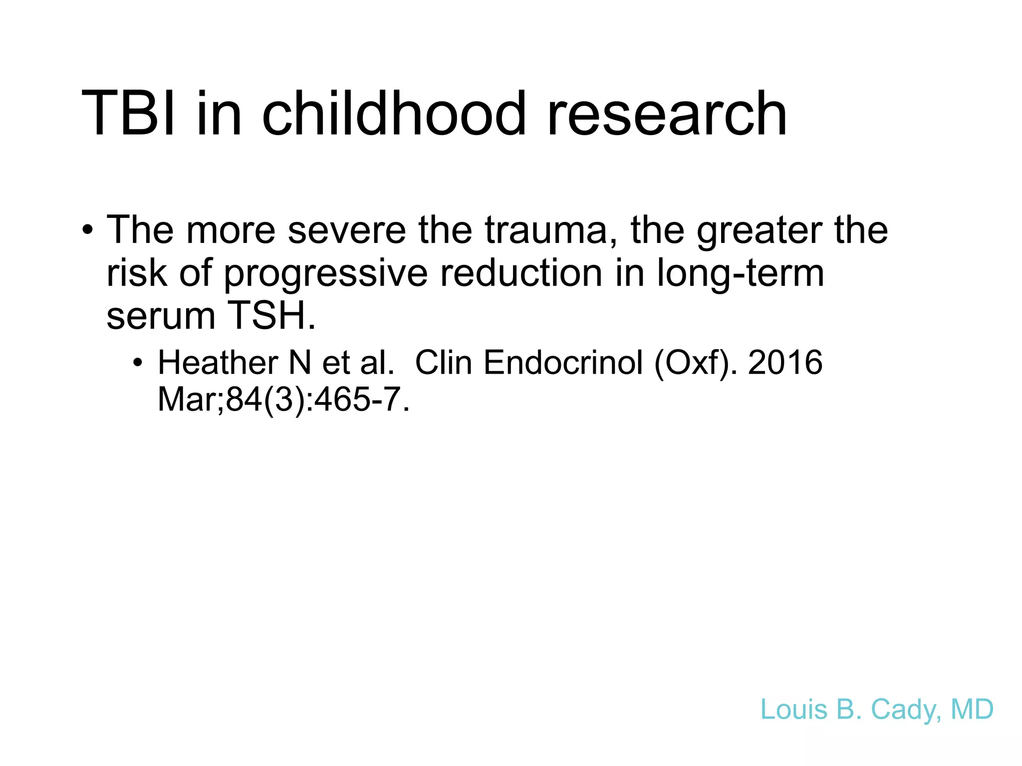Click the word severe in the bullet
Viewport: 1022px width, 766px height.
pos(347,230)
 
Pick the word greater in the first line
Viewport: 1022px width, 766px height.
pos(759,231)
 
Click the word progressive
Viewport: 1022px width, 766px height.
pos(325,274)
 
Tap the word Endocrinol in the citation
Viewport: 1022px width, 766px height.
pos(563,363)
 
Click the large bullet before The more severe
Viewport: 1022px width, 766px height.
pos(88,231)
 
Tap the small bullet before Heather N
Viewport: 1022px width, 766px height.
pos(138,363)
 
